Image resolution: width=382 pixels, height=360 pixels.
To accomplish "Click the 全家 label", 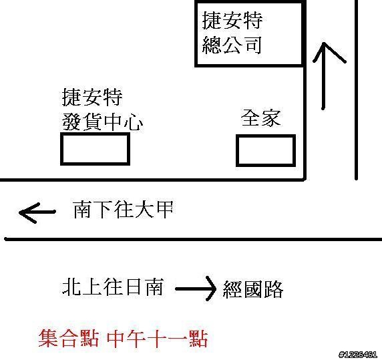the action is (261, 118).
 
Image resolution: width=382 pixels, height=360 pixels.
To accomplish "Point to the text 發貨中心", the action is (102, 122).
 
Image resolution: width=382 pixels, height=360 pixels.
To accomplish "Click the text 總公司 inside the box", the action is (232, 45).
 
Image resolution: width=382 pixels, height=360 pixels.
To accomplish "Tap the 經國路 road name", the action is (253, 289).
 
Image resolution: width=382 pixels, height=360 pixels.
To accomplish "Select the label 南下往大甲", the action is (123, 210).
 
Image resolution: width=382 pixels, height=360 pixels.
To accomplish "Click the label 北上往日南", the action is (113, 287).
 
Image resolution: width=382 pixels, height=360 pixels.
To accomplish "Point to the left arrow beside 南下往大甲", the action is (37, 212).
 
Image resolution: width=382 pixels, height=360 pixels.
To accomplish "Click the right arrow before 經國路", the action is (196, 289).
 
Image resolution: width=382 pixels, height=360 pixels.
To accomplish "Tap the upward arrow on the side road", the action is (323, 75).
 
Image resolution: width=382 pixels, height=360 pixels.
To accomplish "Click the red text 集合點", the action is (69, 339).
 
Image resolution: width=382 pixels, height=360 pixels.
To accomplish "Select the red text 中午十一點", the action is (158, 339).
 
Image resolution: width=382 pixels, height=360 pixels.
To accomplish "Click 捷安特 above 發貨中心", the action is (92, 98).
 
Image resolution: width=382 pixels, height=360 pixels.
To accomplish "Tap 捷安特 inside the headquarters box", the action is (232, 21).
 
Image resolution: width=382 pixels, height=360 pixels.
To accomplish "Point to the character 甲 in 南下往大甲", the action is (165, 210).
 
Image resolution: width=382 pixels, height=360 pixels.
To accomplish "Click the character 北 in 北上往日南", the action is (71, 287).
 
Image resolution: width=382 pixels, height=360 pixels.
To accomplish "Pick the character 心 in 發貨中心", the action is (134, 122).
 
